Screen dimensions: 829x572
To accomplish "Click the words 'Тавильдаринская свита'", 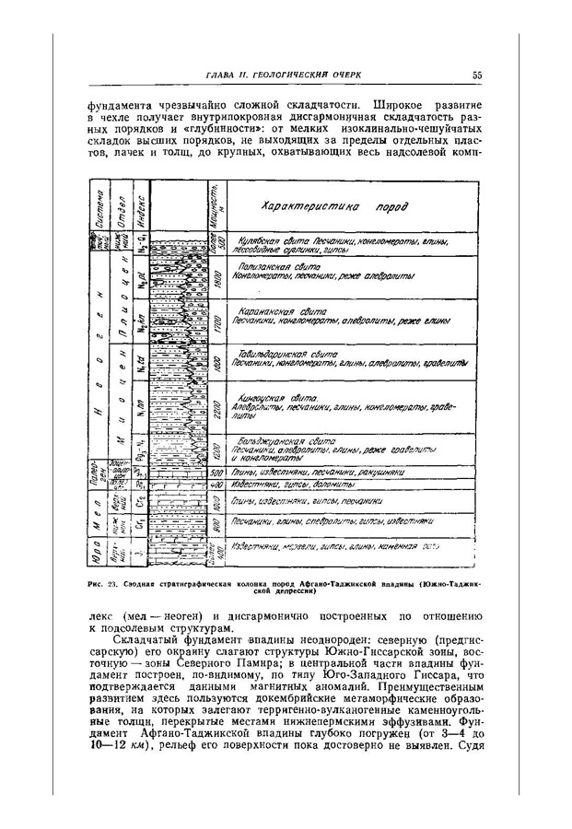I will [284, 353].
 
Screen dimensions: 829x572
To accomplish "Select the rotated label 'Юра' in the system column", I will [97, 552].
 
